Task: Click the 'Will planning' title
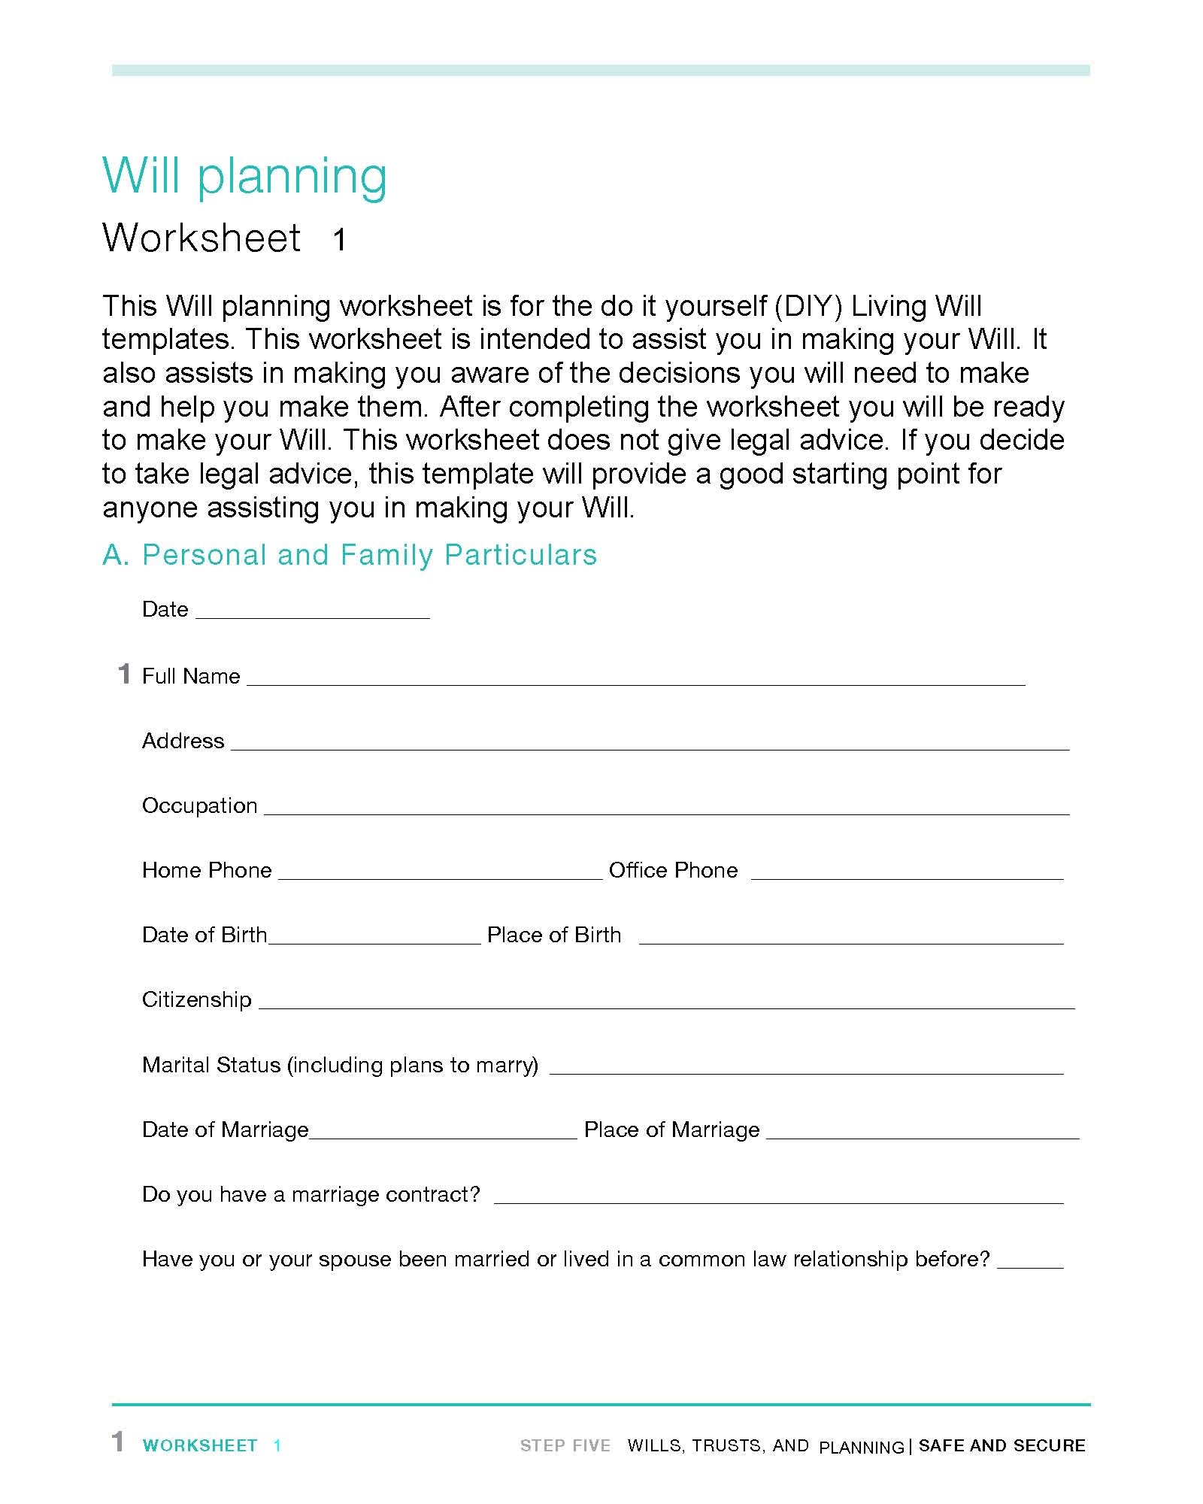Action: click(244, 177)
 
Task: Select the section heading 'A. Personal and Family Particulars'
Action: click(350, 555)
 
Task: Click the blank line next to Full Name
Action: click(635, 680)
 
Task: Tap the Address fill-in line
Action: click(650, 744)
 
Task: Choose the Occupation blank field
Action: click(666, 809)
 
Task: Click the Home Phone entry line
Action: click(440, 874)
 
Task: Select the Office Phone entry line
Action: click(907, 874)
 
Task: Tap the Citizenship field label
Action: click(197, 999)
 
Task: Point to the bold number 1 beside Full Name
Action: click(124, 674)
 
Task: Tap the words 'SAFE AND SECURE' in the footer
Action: click(1001, 1445)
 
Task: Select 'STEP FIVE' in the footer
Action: click(565, 1445)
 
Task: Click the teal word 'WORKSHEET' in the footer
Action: click(200, 1445)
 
